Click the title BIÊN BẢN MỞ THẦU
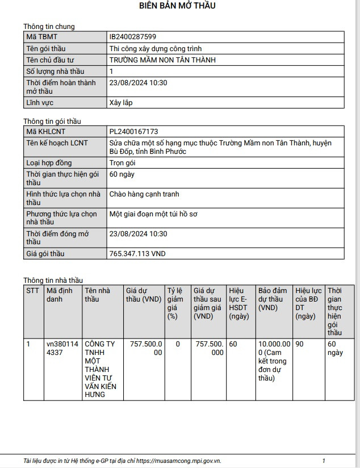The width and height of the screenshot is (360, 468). point(177,6)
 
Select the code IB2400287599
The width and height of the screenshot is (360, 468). point(133,37)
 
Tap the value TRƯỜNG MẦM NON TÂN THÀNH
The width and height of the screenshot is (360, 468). point(162,60)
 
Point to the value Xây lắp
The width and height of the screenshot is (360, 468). point(120,103)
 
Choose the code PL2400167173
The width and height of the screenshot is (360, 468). point(133,131)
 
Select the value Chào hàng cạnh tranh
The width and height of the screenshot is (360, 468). point(144,194)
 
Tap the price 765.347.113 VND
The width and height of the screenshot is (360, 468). point(137,254)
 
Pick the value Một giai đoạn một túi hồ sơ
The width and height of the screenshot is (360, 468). point(153,214)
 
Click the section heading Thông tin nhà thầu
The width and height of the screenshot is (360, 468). point(53,280)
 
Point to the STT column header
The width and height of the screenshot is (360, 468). point(33,290)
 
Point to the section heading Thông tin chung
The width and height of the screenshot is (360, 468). point(49,27)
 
